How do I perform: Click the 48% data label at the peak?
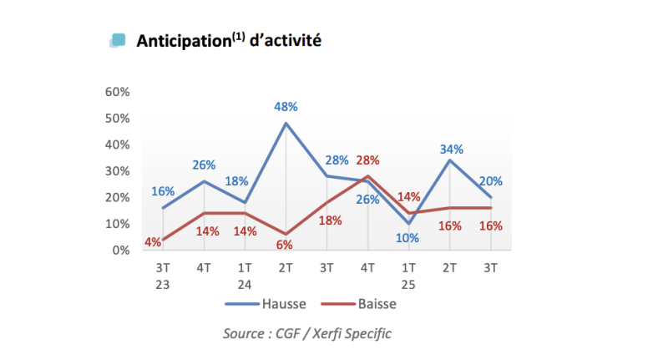tap(286, 107)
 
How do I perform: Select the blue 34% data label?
tap(450, 150)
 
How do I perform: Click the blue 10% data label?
tap(408, 238)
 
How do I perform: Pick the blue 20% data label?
tap(491, 181)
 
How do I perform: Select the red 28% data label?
tap(368, 160)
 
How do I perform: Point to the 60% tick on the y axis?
tap(117, 92)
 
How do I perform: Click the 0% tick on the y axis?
tap(120, 250)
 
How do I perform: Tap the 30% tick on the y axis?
tap(117, 171)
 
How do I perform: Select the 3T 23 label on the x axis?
tap(163, 276)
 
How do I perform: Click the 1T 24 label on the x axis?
tap(245, 276)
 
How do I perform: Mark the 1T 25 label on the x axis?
tap(408, 276)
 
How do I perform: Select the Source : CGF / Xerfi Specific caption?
tap(306, 333)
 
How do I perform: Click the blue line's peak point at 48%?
tap(286, 124)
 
